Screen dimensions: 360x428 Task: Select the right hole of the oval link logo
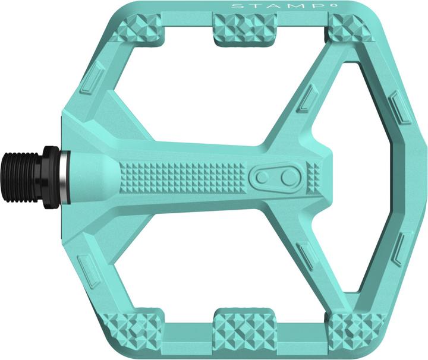point(288,177)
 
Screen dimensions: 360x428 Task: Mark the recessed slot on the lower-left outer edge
point(89,271)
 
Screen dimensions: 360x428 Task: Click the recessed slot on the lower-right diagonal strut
point(306,256)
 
